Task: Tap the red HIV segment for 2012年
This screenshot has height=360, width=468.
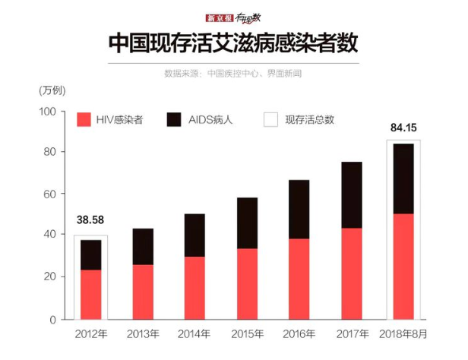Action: (x=90, y=295)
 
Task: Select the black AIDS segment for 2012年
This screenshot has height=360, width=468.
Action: (x=90, y=255)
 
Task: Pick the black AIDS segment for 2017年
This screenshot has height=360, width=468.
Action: (x=351, y=195)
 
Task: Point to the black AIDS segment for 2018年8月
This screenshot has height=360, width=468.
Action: (x=403, y=179)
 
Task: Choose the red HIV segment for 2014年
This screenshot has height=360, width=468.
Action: (x=194, y=288)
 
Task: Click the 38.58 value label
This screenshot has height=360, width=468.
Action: (x=90, y=220)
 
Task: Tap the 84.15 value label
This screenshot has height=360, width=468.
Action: (x=403, y=127)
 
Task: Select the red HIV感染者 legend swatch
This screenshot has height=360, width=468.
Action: (x=84, y=120)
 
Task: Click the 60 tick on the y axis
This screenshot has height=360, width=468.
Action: (x=50, y=194)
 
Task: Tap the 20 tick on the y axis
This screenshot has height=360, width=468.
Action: (x=50, y=278)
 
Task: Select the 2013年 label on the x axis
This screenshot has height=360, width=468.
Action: (x=142, y=334)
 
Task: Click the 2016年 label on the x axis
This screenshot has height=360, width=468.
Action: (x=299, y=334)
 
